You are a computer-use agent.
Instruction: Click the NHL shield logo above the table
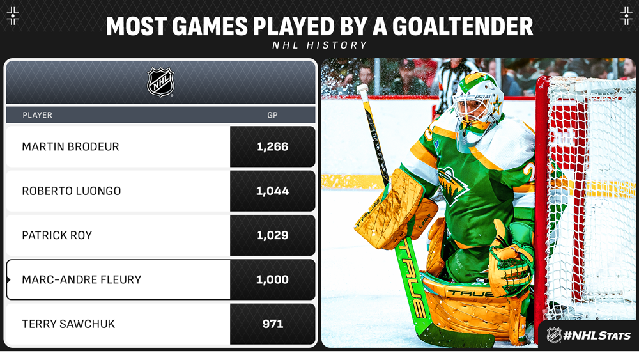tap(160, 82)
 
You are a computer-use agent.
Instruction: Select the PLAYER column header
tap(38, 115)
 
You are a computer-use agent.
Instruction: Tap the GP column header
tap(272, 115)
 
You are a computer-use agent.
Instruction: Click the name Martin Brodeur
tap(70, 147)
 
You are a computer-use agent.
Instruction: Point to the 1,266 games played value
tap(272, 147)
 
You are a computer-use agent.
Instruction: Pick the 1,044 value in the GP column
tap(272, 191)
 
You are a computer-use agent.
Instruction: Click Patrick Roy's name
tap(57, 235)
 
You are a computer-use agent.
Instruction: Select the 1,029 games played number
tap(272, 235)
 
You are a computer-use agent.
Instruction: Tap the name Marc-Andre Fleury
tap(82, 279)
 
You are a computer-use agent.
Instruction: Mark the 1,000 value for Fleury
tap(272, 279)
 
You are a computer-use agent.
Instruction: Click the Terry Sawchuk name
tap(68, 324)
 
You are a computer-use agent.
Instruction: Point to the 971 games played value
tap(273, 324)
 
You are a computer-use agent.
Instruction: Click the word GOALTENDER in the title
tap(463, 26)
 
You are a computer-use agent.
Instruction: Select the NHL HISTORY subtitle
tap(320, 45)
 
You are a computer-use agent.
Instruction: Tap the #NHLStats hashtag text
tap(597, 336)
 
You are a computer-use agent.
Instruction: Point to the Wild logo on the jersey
tap(453, 186)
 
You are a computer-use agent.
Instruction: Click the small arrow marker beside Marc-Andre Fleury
tap(8, 279)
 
